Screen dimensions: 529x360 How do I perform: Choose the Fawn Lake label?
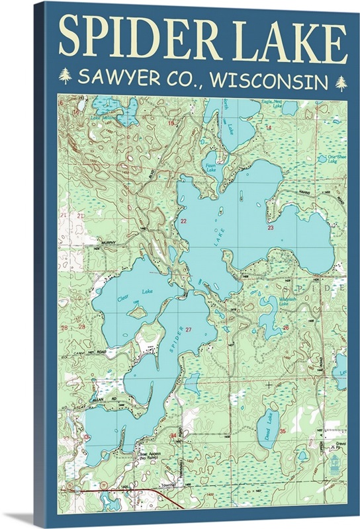coord(210,167)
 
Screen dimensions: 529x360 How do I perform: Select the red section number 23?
coord(270,227)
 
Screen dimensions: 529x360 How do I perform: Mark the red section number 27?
coord(189,329)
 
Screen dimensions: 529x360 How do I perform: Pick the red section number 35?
coord(283,431)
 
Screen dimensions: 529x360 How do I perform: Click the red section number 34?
coord(173,436)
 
